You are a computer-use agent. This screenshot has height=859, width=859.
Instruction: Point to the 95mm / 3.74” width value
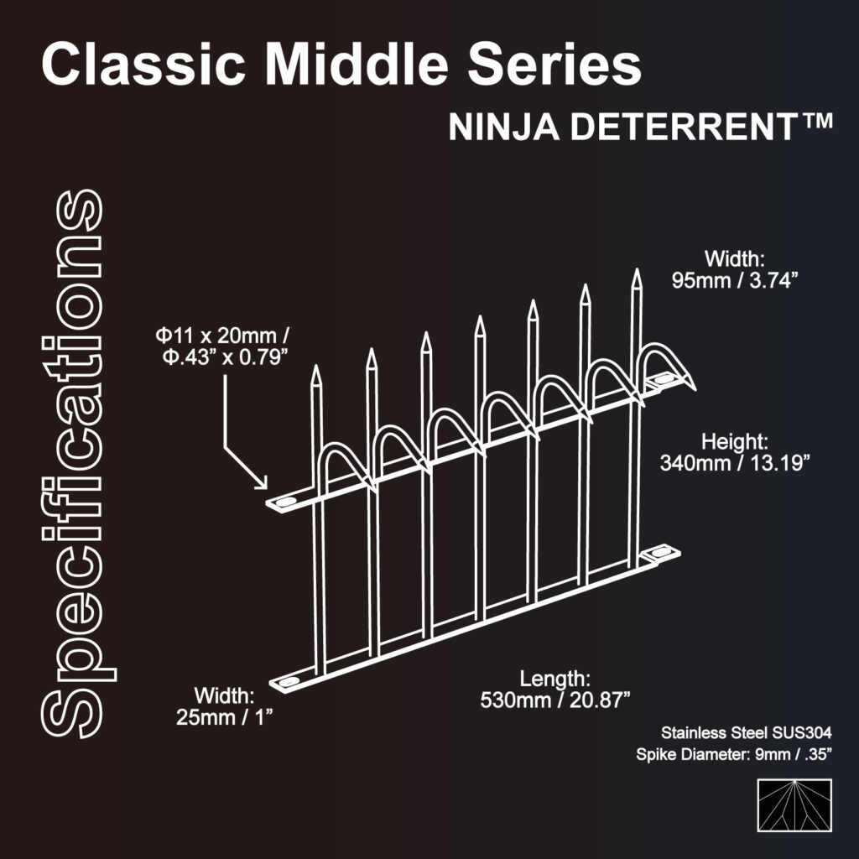(733, 281)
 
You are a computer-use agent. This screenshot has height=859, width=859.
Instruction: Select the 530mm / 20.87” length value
(555, 700)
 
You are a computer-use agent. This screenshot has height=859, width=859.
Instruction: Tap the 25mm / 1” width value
(226, 717)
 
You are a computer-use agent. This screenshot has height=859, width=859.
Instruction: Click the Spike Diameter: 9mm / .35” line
(734, 755)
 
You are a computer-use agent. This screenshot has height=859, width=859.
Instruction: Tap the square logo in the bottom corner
(794, 805)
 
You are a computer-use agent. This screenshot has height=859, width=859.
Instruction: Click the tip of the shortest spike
(316, 368)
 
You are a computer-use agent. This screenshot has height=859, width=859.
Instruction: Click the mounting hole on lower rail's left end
(288, 681)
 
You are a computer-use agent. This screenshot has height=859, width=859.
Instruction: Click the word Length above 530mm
(555, 678)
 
